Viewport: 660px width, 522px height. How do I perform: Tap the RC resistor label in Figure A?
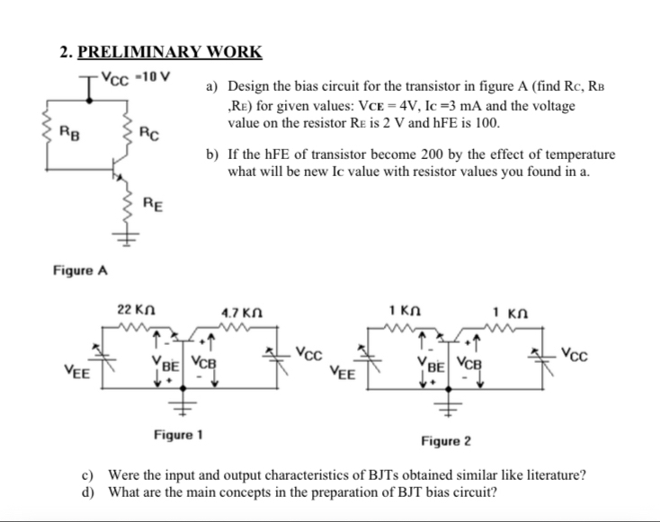pyautogui.click(x=149, y=135)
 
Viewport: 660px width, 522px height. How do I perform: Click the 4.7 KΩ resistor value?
pyautogui.click(x=238, y=313)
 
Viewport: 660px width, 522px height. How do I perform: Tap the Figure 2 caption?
pyautogui.click(x=447, y=441)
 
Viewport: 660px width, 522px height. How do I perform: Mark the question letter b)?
pyautogui.click(x=212, y=155)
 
